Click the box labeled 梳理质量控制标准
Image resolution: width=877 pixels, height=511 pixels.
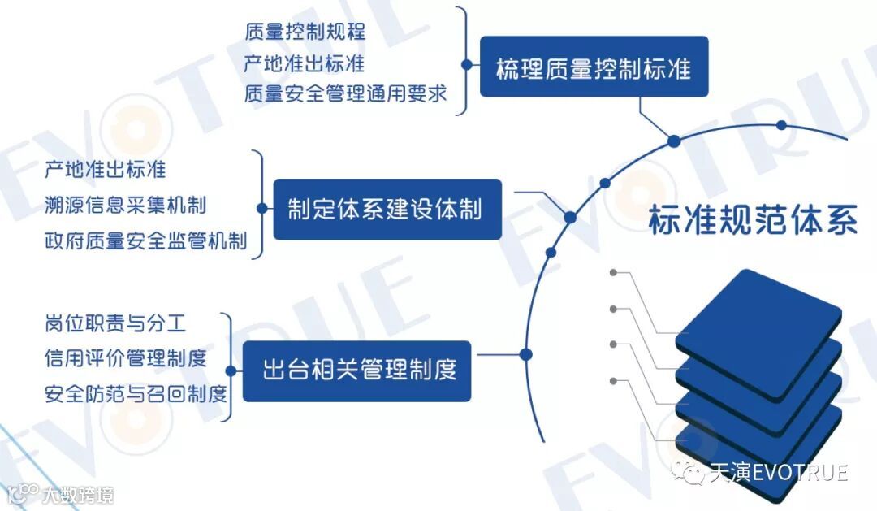point(594,67)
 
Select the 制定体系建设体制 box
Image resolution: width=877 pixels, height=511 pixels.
point(387,210)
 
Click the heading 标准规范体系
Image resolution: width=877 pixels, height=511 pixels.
point(753,220)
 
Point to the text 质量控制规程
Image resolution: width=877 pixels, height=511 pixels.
point(305,32)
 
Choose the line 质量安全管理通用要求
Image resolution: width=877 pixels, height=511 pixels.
point(346,93)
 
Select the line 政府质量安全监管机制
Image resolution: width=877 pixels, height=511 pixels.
point(146,240)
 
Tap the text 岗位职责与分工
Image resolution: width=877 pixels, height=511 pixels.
point(115,323)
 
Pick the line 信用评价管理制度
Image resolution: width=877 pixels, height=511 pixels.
point(126,357)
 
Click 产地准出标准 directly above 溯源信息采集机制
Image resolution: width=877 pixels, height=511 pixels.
point(106,169)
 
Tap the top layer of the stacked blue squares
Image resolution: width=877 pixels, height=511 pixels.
point(758,321)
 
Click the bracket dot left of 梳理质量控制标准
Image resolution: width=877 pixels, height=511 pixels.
point(466,63)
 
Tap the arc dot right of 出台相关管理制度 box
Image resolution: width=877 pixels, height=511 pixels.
point(525,354)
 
